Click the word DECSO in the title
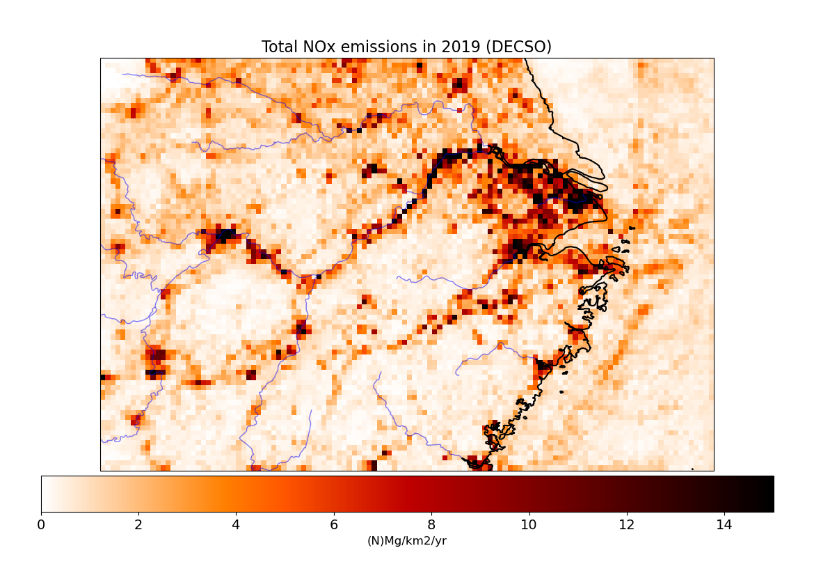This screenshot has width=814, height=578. tap(520, 47)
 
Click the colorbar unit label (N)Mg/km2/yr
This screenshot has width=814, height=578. tap(407, 541)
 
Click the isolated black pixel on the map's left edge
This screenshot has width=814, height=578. tap(103, 377)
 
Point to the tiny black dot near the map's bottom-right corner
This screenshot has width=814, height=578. tap(692, 469)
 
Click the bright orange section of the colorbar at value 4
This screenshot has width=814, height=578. tap(237, 494)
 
